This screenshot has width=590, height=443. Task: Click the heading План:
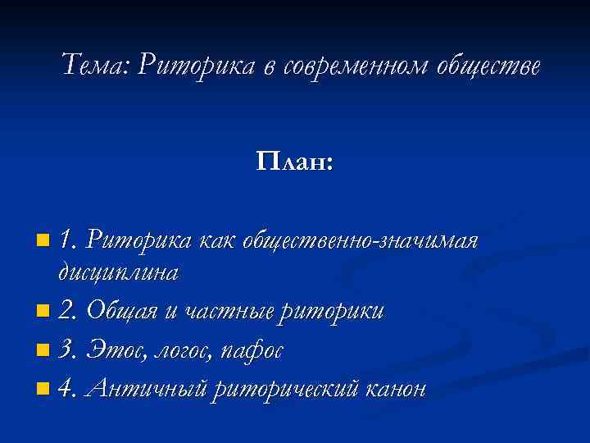click(x=295, y=161)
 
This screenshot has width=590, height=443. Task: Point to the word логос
click(x=181, y=351)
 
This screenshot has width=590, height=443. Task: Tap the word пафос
click(x=253, y=350)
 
